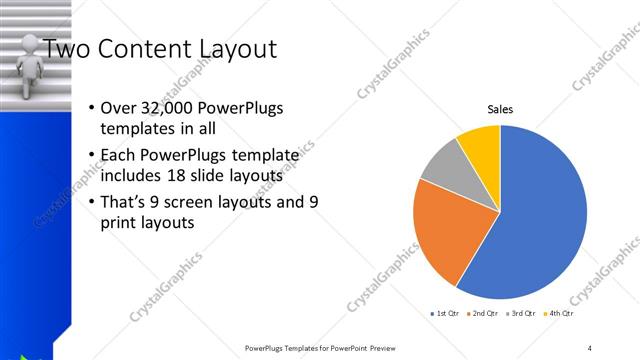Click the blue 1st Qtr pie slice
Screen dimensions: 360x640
(x=545, y=220)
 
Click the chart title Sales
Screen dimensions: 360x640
(x=500, y=109)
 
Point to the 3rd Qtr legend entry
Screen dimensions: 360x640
(x=522, y=314)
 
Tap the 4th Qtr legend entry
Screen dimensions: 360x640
(x=560, y=314)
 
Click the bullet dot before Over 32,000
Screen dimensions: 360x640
(x=93, y=108)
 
